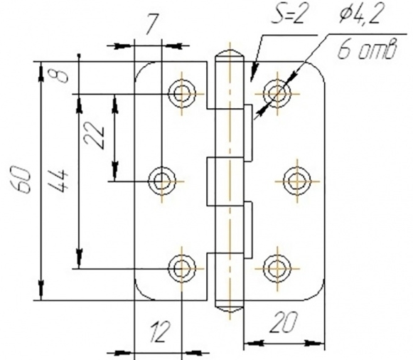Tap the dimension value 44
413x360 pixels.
tap(59, 181)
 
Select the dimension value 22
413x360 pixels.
tap(94, 134)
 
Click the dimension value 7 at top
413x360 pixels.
tap(151, 24)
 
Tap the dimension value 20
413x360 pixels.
tap(284, 322)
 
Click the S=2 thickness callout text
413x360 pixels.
tap(289, 14)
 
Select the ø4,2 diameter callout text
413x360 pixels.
tap(360, 14)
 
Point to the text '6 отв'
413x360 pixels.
tap(367, 49)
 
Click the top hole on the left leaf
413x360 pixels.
tap(182, 94)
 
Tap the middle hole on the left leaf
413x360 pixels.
tap(162, 181)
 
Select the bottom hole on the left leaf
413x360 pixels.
tap(182, 268)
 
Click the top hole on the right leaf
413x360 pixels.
tap(277, 94)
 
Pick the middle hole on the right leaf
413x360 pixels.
tap(297, 181)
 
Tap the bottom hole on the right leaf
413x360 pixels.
tap(277, 268)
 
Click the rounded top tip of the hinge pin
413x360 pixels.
tap(230, 51)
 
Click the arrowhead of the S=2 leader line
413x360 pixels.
tap(252, 75)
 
